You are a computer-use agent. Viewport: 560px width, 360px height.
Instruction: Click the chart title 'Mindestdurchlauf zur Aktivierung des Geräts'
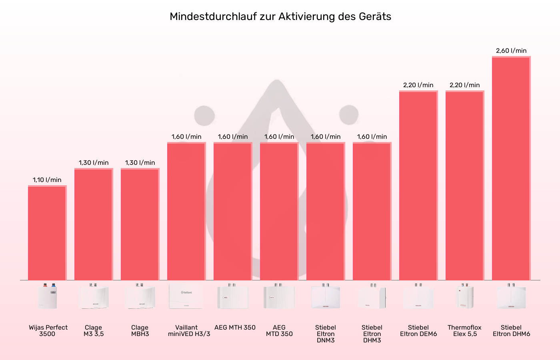[x=280, y=16]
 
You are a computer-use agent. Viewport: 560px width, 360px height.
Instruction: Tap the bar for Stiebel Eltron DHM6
[x=511, y=168]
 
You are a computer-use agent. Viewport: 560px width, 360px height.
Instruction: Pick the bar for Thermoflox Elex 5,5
[x=465, y=186]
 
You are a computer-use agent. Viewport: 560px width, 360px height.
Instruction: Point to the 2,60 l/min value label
[x=511, y=51]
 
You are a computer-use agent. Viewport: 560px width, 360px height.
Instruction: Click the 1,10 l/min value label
[x=47, y=180]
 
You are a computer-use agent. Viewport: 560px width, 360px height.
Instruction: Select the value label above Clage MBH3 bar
[x=140, y=163]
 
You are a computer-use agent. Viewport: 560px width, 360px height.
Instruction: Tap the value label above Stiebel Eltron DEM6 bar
[x=418, y=85]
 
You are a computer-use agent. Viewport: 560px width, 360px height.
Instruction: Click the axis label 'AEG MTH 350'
[x=235, y=328]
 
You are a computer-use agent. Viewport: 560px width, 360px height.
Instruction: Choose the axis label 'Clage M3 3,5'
[x=94, y=331]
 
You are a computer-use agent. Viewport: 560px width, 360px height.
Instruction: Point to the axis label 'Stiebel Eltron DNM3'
[x=326, y=334]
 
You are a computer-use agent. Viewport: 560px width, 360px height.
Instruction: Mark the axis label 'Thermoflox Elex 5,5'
[x=465, y=331]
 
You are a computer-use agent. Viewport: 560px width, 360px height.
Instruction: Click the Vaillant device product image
[x=186, y=296]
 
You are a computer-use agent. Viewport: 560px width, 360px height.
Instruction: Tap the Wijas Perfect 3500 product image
[x=47, y=296]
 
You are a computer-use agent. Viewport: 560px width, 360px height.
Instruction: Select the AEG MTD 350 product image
[x=279, y=296]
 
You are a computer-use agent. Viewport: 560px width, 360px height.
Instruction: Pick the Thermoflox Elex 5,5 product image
[x=464, y=296]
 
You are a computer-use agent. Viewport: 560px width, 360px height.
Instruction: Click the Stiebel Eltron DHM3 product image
[x=372, y=296]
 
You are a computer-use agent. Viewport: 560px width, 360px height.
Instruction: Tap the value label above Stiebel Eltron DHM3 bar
[x=372, y=137]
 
